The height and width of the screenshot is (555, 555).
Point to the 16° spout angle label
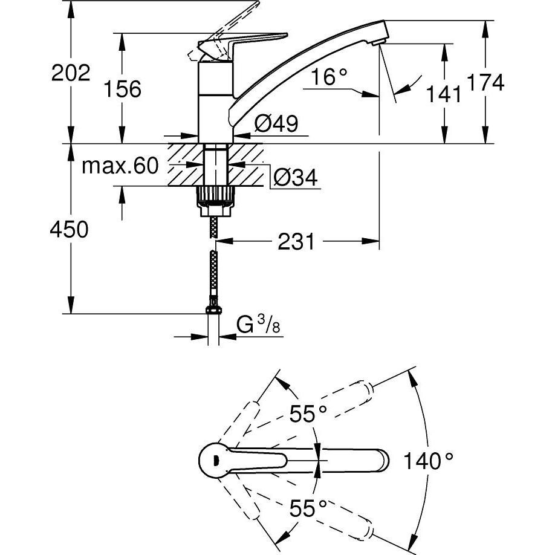point(331,77)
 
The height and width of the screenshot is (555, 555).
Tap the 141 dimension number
point(444,93)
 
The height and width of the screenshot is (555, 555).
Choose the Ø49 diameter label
point(276,124)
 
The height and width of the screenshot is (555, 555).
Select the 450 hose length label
point(70,229)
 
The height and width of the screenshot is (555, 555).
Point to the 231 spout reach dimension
point(296,242)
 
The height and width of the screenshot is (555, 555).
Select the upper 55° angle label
point(307,414)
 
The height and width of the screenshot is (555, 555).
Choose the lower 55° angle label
point(307,508)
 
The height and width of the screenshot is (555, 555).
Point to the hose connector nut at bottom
point(213,309)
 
